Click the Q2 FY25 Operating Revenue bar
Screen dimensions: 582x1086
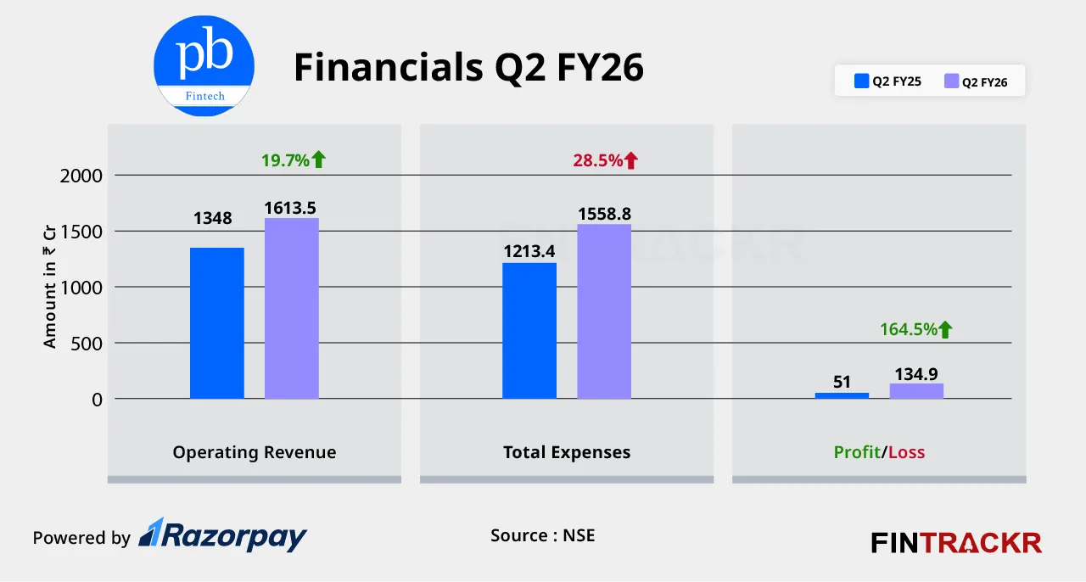coord(216,323)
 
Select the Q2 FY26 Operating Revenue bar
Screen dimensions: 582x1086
coord(291,309)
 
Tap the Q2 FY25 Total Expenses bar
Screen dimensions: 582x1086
coord(529,331)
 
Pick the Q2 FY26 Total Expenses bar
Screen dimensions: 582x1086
coord(604,311)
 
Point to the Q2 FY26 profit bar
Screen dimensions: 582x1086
coord(916,391)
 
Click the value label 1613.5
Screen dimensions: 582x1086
coord(291,208)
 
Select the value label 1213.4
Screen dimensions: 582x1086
coord(529,252)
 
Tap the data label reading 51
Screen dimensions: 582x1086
coord(842,382)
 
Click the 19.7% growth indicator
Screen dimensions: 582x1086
coord(293,159)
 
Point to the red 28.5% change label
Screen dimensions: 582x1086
coord(605,159)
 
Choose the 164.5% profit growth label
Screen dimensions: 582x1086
coord(916,329)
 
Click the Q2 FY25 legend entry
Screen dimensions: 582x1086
coord(888,82)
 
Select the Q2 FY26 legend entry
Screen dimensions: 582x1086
coord(977,82)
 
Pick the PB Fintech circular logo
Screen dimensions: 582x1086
coord(204,65)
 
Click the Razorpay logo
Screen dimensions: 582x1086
coord(223,535)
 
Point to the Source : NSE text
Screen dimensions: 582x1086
coord(542,535)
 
